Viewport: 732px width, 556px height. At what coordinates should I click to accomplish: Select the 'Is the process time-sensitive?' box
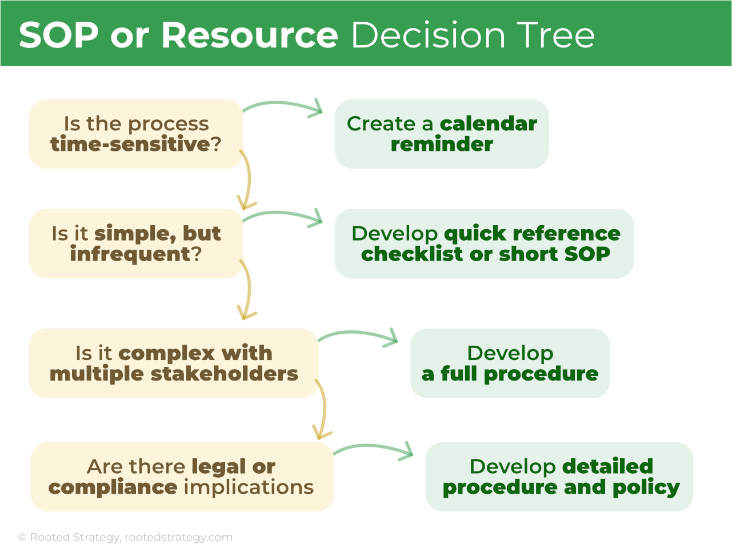click(136, 134)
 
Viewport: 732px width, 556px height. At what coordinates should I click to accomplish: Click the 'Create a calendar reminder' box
click(442, 134)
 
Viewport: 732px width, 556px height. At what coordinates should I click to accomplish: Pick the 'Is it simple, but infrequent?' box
click(136, 243)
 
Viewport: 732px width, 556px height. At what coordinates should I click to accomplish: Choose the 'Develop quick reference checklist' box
click(485, 243)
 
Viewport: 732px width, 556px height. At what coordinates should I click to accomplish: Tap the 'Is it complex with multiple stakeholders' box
click(174, 363)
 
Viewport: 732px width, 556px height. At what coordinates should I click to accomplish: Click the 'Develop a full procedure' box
click(510, 363)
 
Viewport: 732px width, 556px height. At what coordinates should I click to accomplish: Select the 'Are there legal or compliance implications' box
click(182, 477)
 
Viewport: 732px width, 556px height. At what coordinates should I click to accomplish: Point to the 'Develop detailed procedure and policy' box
click(559, 477)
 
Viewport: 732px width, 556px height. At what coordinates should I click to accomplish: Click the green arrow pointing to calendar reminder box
click(283, 105)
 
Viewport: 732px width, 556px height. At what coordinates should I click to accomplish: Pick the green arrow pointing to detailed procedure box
click(373, 447)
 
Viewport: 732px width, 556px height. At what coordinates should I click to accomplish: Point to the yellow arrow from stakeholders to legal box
click(323, 409)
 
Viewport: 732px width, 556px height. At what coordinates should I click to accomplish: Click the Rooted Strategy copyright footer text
click(125, 537)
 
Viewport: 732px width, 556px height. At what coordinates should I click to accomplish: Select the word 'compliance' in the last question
click(113, 487)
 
